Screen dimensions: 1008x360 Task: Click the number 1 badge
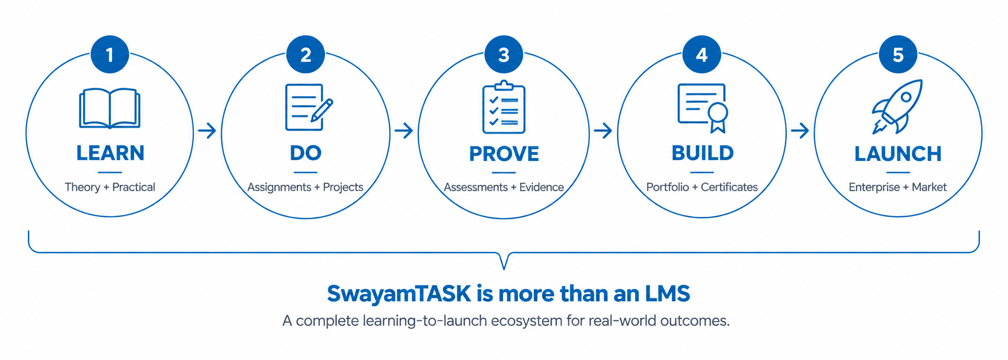(x=110, y=54)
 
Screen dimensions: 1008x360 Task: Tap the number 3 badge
(x=504, y=54)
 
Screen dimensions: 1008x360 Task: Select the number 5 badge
(x=898, y=54)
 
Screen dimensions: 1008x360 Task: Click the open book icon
(x=110, y=108)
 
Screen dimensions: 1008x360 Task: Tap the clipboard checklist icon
(x=504, y=107)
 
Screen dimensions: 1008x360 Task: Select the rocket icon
(x=897, y=106)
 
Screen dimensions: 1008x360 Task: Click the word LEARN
(x=110, y=153)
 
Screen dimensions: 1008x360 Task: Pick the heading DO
(x=306, y=153)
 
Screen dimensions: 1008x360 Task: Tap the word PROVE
(x=504, y=154)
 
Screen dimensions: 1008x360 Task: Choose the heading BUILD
(x=702, y=153)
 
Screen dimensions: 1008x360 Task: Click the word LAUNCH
(x=898, y=154)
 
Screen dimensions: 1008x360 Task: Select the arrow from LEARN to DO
(x=207, y=130)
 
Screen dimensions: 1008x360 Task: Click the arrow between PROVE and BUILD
(x=603, y=130)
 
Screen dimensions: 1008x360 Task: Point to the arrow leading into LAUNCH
(x=800, y=130)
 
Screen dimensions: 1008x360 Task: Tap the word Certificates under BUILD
(x=729, y=187)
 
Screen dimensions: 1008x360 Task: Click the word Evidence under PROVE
(x=541, y=187)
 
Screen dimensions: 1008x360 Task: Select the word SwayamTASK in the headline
(x=399, y=294)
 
